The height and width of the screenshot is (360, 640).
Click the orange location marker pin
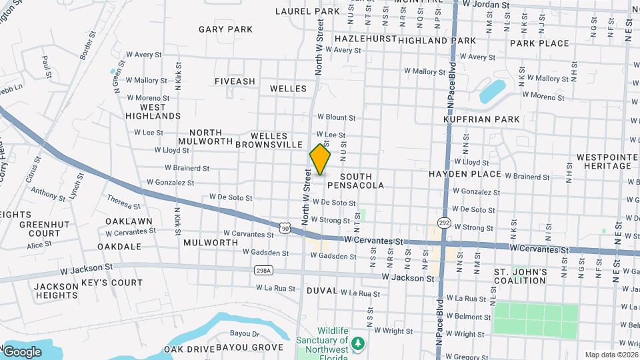tap(320, 159)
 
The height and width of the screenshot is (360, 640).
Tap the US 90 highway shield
tap(285, 229)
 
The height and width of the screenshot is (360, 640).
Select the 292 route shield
tap(443, 221)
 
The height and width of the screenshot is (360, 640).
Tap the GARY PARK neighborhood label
tap(225, 29)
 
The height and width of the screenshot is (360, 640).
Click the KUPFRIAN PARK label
tap(481, 119)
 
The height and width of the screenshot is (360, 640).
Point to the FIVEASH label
tap(235, 81)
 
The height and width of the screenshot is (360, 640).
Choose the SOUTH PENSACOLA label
tap(355, 181)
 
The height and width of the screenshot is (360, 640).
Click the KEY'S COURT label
tap(112, 283)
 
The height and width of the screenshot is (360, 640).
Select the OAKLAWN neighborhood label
tap(129, 221)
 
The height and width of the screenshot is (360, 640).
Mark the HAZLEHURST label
tap(365, 39)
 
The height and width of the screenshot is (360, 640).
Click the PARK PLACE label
tap(539, 43)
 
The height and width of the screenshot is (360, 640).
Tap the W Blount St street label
tap(336, 117)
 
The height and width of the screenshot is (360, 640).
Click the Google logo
tap(22, 351)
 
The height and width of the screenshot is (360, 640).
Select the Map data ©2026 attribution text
tap(612, 355)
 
